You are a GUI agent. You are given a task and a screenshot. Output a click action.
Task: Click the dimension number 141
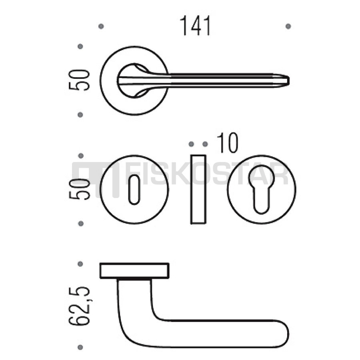(195, 26)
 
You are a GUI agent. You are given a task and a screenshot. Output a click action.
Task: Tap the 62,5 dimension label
(79, 306)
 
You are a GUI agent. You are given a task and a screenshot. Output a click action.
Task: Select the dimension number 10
(228, 143)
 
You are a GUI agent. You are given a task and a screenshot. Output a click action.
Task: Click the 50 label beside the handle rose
(79, 80)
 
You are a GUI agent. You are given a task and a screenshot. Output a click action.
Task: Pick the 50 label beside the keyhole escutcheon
(79, 190)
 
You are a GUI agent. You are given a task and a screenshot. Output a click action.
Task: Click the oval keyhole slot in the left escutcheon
(134, 190)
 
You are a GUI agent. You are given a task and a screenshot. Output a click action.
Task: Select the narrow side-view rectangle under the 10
(198, 189)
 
